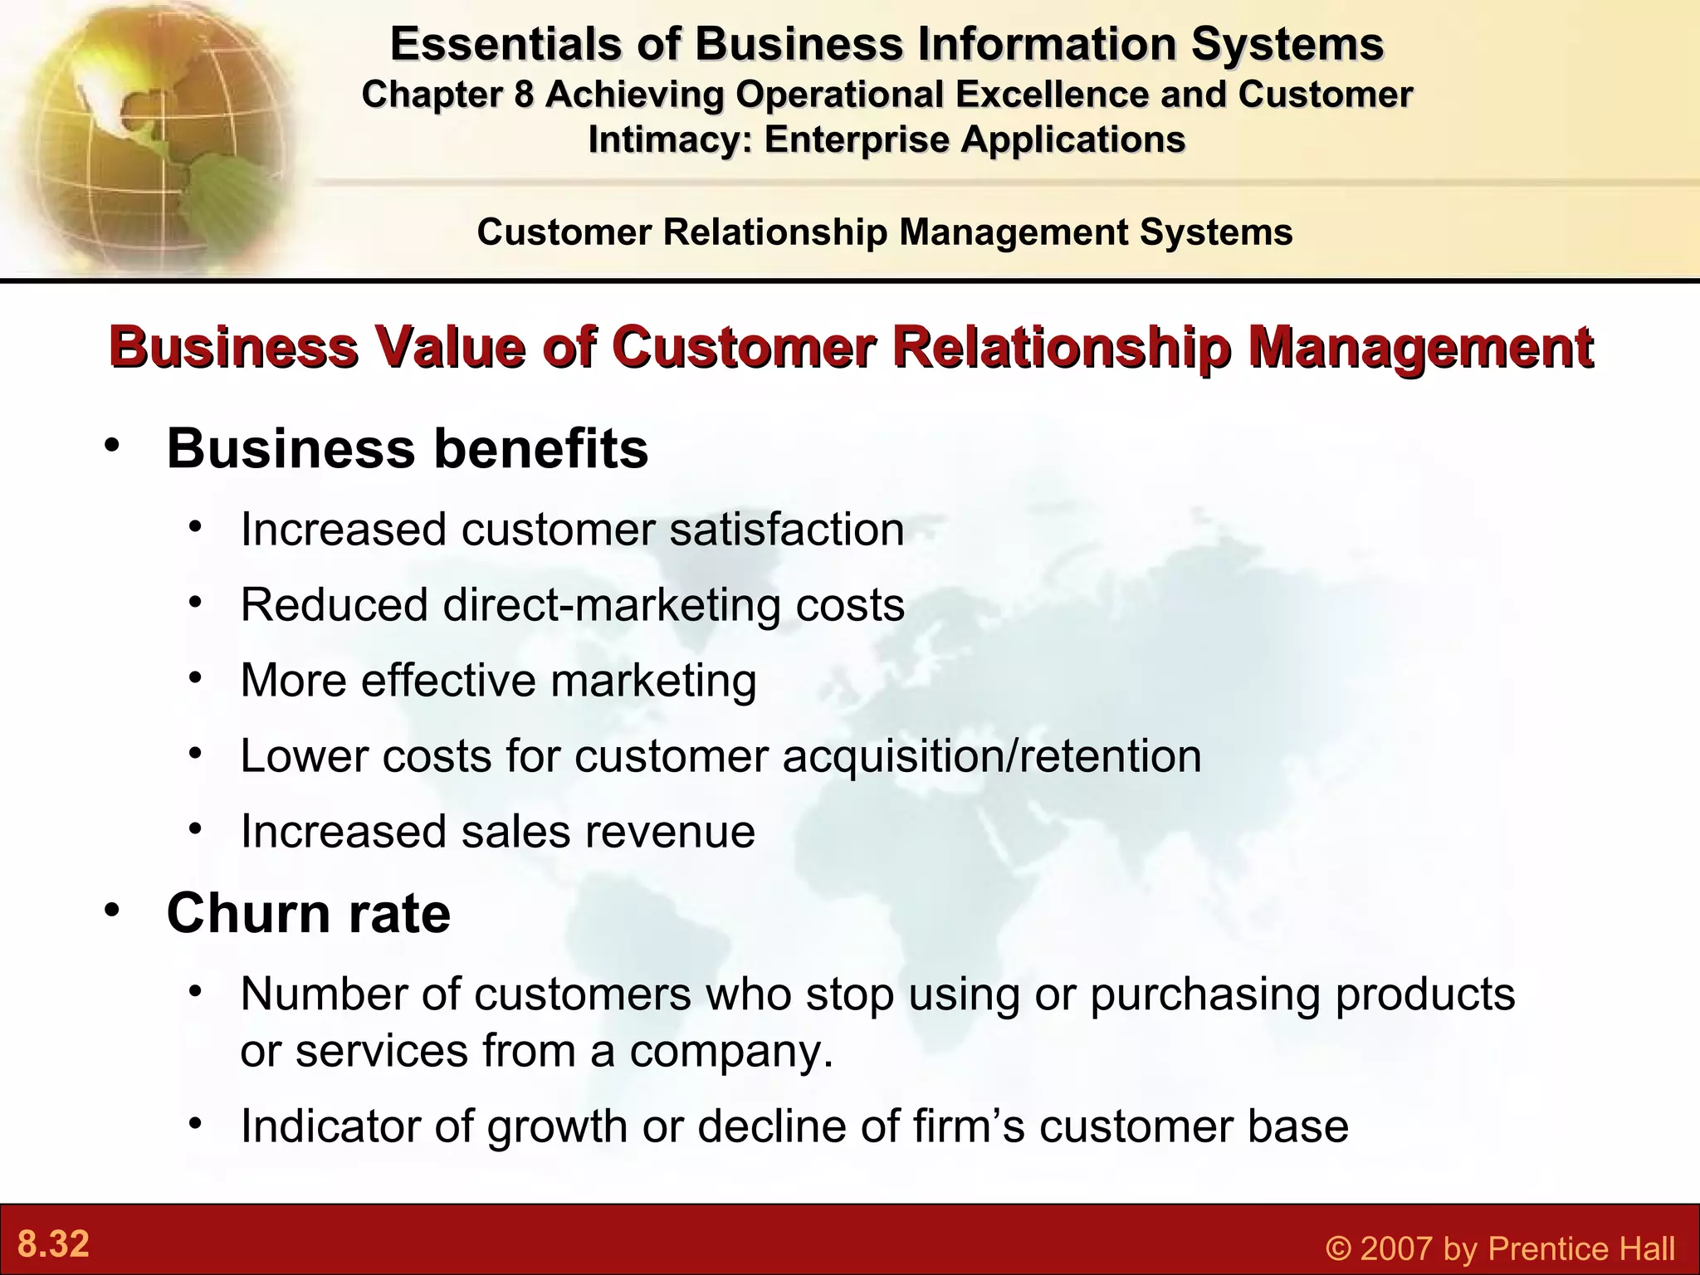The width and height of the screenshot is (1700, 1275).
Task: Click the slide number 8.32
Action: [53, 1244]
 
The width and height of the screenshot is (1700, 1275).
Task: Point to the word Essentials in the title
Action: [505, 44]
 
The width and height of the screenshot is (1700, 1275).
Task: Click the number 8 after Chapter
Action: [523, 95]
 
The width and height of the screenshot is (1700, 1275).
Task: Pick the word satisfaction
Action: [787, 530]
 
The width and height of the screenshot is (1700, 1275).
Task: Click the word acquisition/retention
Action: [991, 756]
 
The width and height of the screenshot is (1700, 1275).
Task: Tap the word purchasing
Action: [1204, 994]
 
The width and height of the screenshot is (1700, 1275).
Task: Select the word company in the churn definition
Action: [729, 1051]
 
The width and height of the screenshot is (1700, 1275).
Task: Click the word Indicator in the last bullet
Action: [355, 1126]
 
